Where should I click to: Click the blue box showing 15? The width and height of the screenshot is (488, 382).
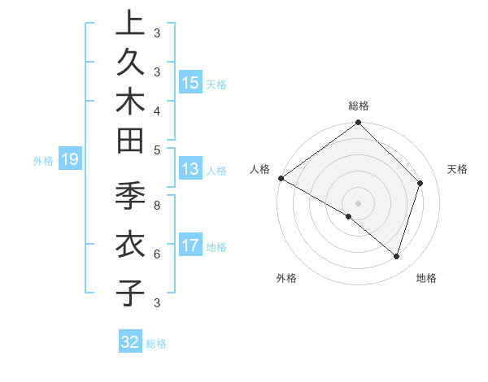click(190, 82)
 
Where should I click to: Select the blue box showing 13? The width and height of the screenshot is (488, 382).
click(190, 169)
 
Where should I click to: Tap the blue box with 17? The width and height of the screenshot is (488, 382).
click(190, 245)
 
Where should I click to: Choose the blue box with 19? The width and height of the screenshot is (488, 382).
click(70, 160)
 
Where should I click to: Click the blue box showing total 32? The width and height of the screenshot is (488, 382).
click(130, 342)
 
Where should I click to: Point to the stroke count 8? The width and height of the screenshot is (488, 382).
click(157, 206)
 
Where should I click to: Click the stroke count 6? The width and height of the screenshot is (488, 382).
click(157, 254)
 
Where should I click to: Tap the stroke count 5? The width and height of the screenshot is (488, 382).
click(157, 149)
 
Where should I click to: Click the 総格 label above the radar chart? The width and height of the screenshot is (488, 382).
click(359, 106)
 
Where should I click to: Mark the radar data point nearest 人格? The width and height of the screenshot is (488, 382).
click(281, 178)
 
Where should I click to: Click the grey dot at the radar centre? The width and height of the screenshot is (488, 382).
click(358, 202)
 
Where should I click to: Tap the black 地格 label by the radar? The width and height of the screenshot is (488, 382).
click(426, 279)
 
